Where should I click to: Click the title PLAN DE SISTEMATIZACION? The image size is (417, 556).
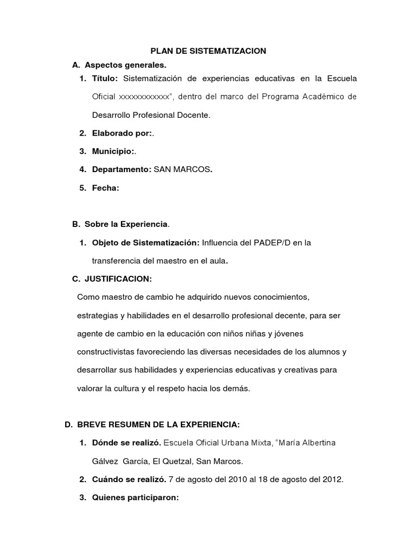pyautogui.click(x=208, y=51)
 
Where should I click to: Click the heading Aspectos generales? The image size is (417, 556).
pyautogui.click(x=117, y=65)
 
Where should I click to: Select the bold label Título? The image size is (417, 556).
pyautogui.click(x=104, y=79)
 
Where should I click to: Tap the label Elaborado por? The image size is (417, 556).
pyautogui.click(x=122, y=133)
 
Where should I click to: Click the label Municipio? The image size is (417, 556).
pyautogui.click(x=113, y=151)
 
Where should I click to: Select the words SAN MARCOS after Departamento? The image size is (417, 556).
pyautogui.click(x=182, y=169)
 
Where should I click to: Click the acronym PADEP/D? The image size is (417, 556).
pyautogui.click(x=271, y=243)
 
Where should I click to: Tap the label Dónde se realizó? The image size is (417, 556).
pyautogui.click(x=127, y=443)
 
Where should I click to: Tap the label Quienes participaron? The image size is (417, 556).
pyautogui.click(x=135, y=498)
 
